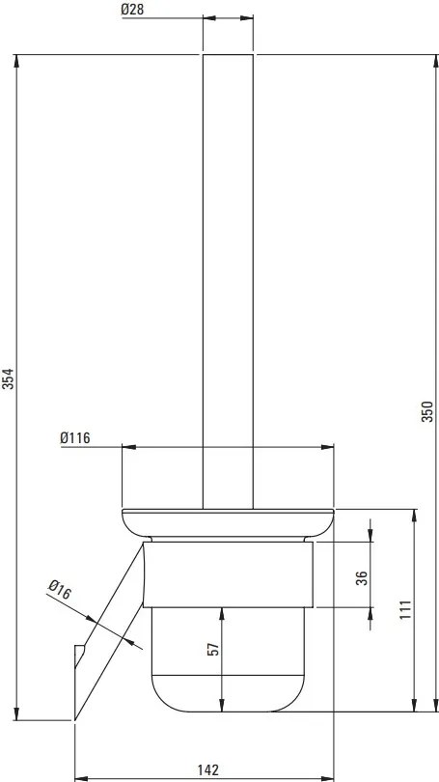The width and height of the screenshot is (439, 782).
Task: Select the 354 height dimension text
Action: point(9,378)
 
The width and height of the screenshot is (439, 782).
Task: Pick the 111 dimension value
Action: point(405,609)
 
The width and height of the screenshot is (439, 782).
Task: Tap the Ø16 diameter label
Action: point(57,588)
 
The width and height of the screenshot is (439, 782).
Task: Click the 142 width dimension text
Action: point(206,769)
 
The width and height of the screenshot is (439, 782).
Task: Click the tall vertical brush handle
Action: point(227,280)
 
